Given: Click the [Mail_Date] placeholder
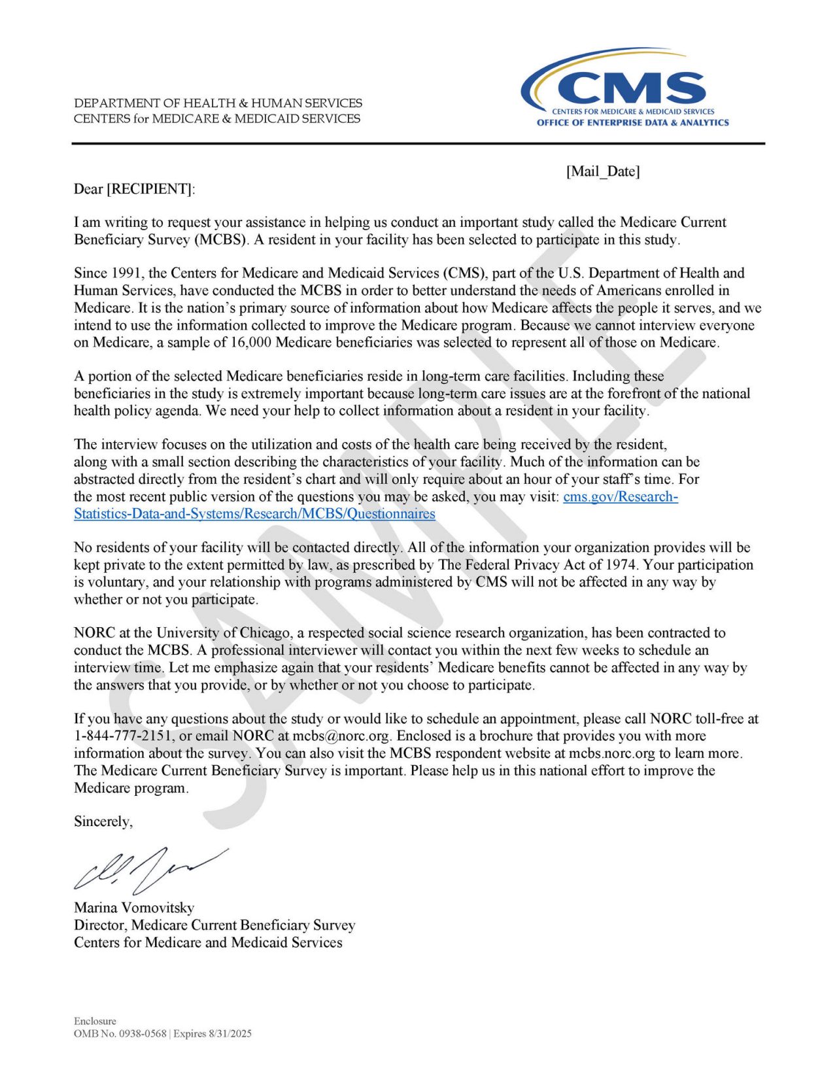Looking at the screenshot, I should (x=603, y=171).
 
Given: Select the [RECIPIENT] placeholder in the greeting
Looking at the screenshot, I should (x=150, y=189).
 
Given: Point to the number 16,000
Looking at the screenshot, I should (x=248, y=342).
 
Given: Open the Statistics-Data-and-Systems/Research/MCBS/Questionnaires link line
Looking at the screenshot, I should (x=254, y=513).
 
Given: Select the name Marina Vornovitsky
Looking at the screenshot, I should (x=134, y=908).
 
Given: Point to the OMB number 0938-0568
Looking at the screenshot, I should (x=143, y=1034).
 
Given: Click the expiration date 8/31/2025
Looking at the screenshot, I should (x=230, y=1034).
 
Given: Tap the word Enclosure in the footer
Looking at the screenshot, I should (x=95, y=1021).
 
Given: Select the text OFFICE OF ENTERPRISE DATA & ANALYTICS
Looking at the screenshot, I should (x=632, y=122).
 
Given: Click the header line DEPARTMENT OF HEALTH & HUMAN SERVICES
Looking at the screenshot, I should (x=218, y=103).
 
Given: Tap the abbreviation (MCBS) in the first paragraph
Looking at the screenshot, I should (x=221, y=239).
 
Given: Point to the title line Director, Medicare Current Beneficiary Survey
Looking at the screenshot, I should (x=214, y=925).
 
